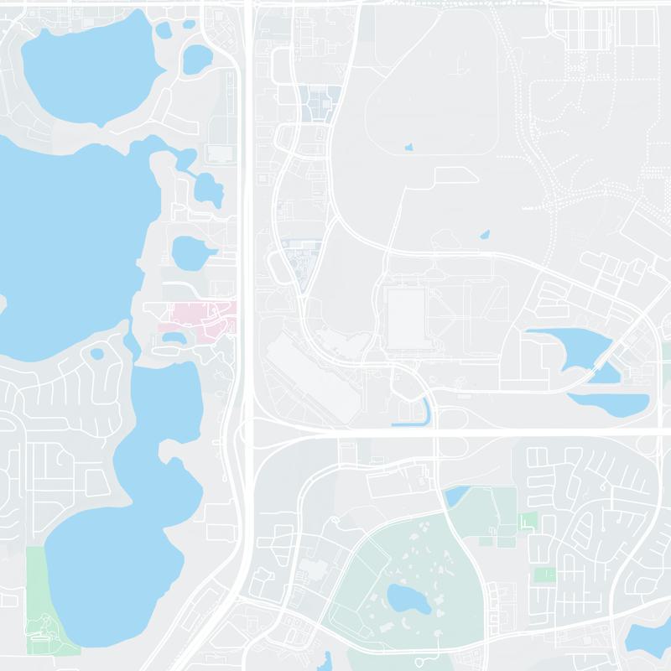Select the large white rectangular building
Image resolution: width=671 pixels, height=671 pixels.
tap(406, 315)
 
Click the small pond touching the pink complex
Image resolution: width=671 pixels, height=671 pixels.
tap(174, 338)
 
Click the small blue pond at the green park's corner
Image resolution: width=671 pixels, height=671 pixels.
tap(456, 497)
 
